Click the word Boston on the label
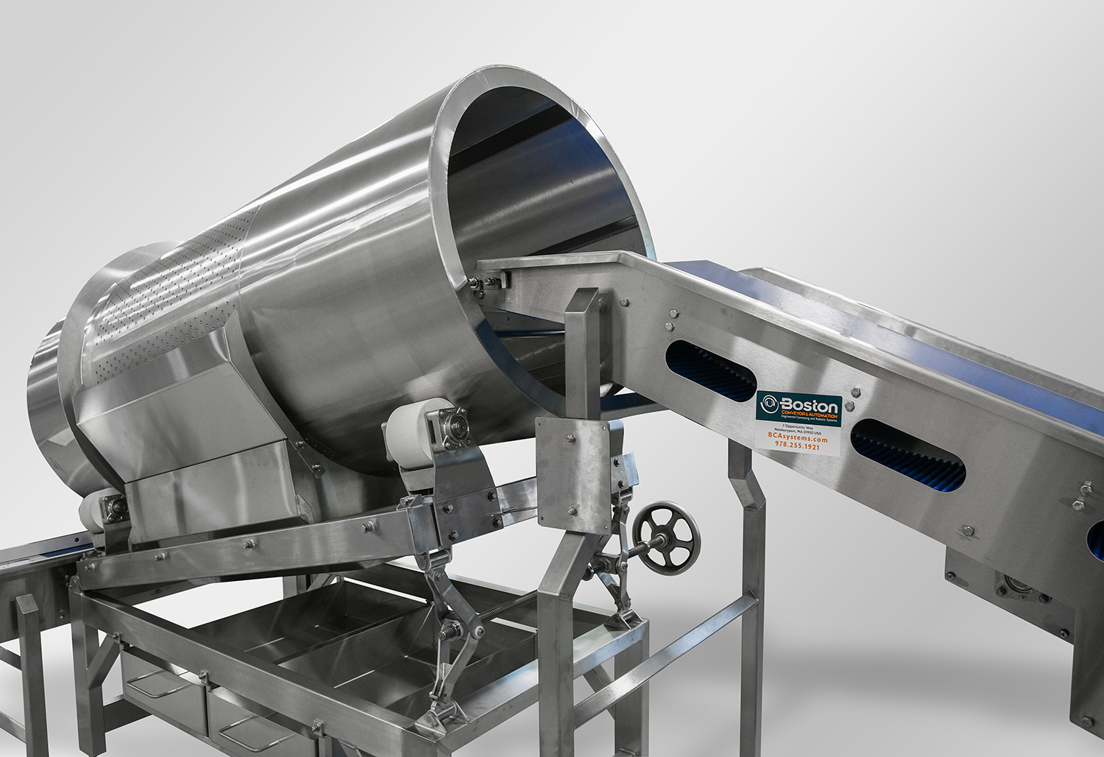point(809,406)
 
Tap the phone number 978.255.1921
point(797,446)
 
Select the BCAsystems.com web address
point(798,439)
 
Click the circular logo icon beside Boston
point(769,404)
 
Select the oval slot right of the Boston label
point(907,452)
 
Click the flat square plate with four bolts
point(573,474)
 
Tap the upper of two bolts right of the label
point(855,392)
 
